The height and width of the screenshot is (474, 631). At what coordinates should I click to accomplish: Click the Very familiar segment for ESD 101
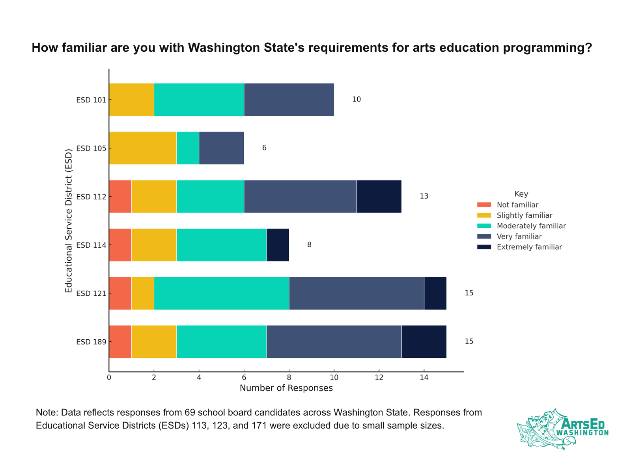[289, 100]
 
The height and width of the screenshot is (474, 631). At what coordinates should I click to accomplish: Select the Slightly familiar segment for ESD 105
[142, 148]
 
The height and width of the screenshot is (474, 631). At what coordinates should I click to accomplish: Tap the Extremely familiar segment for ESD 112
[379, 196]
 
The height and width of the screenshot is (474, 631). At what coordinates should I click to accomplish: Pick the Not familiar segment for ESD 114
[120, 245]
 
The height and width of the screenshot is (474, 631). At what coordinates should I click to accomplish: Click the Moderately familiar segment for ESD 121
[221, 293]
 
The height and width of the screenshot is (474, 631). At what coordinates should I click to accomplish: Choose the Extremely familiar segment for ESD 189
[424, 342]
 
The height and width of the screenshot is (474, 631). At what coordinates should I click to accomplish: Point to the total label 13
[424, 196]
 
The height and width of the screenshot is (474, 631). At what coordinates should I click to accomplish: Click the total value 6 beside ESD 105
[264, 148]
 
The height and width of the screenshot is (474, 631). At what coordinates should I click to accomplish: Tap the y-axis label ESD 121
[91, 293]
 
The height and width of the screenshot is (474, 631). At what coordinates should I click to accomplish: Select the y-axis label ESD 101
[91, 100]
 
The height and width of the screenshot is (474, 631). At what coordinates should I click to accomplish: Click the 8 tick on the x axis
[289, 378]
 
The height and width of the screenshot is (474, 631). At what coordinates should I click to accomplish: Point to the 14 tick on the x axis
[424, 378]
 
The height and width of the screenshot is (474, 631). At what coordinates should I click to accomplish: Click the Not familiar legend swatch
[484, 205]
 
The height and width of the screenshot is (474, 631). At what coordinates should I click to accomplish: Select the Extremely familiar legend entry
[529, 247]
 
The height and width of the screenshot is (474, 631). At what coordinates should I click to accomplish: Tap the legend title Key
[521, 194]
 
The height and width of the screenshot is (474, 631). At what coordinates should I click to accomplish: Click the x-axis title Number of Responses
[286, 388]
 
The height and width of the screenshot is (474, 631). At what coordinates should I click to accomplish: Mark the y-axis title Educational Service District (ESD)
[69, 220]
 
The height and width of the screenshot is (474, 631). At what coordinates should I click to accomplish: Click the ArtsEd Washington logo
[562, 429]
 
